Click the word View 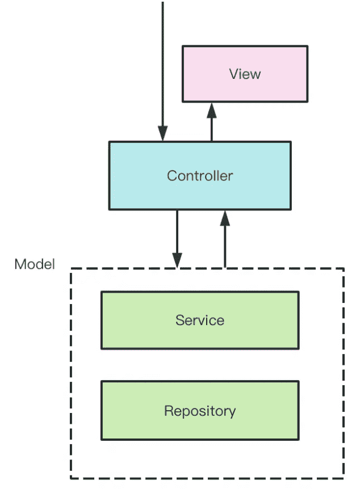(245, 74)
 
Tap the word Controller (199, 176)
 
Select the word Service (199, 321)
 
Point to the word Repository (199, 411)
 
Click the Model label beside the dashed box (35, 264)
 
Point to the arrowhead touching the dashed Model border (178, 261)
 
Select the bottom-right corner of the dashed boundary (344, 478)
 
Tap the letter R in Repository (168, 410)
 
